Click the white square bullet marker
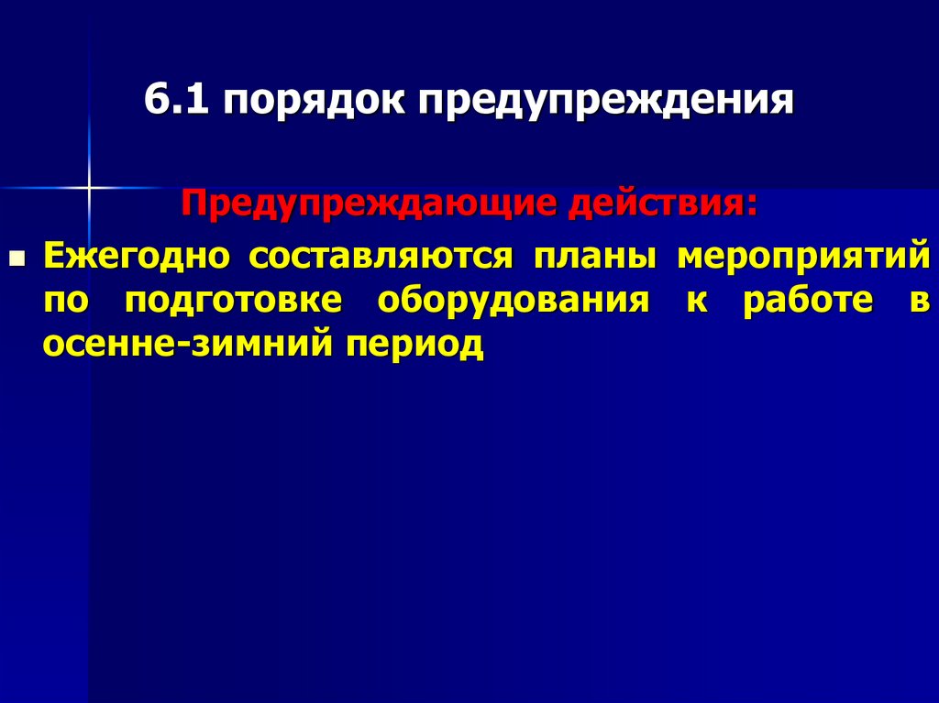pyautogui.click(x=15, y=260)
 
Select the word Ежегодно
pyautogui.click(x=137, y=255)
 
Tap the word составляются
pyautogui.click(x=381, y=255)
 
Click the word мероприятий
pyautogui.click(x=804, y=255)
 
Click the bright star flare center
pyautogui.click(x=90, y=187)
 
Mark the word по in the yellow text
pyautogui.click(x=63, y=300)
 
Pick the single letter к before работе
pyautogui.click(x=698, y=300)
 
